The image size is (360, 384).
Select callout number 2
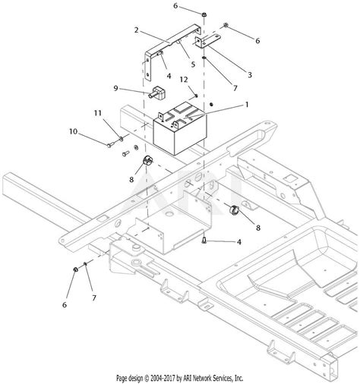tap(137, 30)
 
